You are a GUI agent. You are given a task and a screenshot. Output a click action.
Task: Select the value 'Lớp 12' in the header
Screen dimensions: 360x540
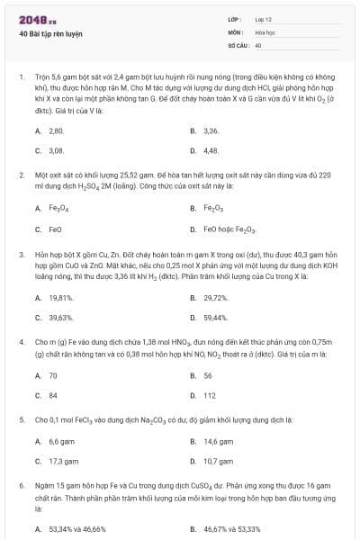click(264, 19)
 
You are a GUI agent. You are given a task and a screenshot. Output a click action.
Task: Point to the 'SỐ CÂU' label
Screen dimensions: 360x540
click(238, 44)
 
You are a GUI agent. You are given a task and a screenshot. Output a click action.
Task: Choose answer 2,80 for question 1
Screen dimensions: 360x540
click(55, 130)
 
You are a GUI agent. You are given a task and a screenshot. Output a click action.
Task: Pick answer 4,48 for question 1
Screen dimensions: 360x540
click(211, 150)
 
